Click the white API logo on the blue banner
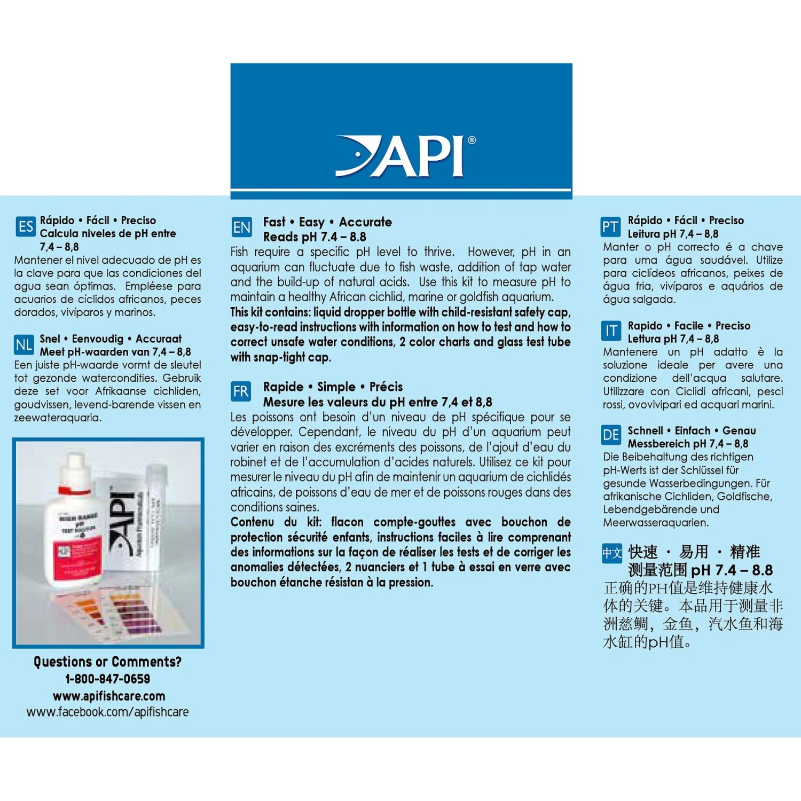pyautogui.click(x=400, y=156)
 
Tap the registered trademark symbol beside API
pyautogui.click(x=472, y=140)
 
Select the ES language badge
pyautogui.click(x=25, y=227)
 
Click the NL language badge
pyautogui.click(x=24, y=345)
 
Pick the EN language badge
pyautogui.click(x=241, y=227)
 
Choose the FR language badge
pyautogui.click(x=241, y=392)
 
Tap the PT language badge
pyautogui.click(x=610, y=227)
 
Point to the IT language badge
pyautogui.click(x=610, y=332)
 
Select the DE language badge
pyautogui.click(x=610, y=436)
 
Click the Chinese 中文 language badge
pyautogui.click(x=612, y=553)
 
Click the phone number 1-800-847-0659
pyautogui.click(x=107, y=679)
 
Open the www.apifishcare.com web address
pyautogui.click(x=109, y=696)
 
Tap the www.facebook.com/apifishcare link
pyautogui.click(x=107, y=712)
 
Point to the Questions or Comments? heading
pyautogui.click(x=107, y=662)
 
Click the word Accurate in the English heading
pyautogui.click(x=365, y=222)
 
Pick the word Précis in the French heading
pyautogui.click(x=386, y=387)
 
